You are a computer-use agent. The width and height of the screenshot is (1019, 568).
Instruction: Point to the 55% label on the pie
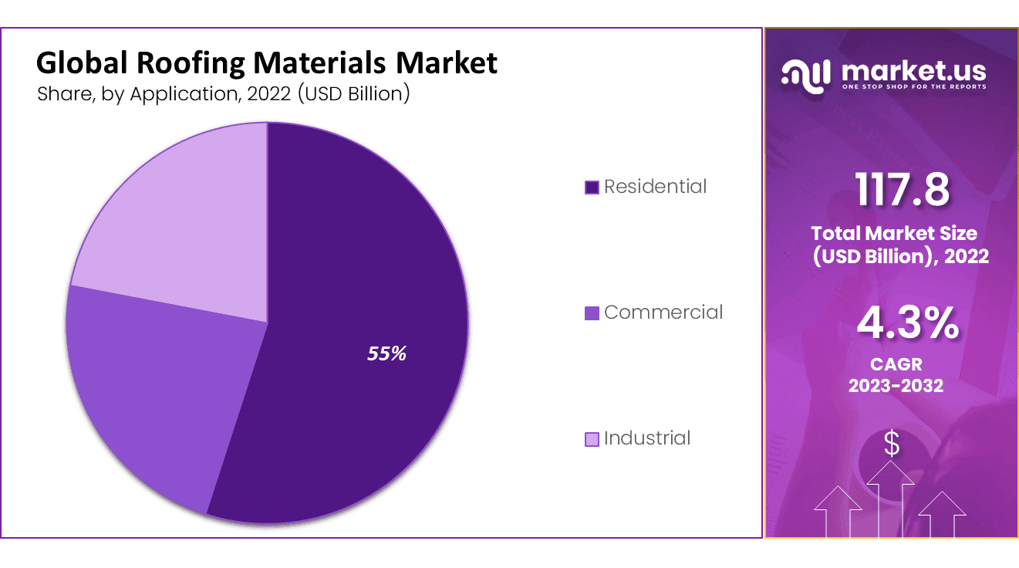tap(386, 354)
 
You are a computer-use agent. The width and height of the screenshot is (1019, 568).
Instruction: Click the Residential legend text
tap(655, 187)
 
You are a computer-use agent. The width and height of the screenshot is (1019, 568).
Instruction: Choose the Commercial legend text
tap(663, 313)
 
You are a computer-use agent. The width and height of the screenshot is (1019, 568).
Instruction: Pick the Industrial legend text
tap(647, 438)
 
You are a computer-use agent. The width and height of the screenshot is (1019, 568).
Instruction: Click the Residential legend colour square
tap(592, 188)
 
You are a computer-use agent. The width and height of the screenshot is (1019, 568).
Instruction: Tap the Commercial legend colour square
tap(592, 313)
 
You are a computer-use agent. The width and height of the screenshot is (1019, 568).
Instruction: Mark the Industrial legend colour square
tap(592, 439)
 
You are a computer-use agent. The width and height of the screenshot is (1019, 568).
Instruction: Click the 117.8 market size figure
tap(902, 190)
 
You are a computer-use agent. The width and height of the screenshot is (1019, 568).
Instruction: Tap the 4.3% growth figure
tap(907, 324)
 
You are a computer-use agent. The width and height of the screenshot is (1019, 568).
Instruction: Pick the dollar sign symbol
tap(892, 445)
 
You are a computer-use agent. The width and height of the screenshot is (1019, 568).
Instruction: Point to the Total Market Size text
tap(893, 233)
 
